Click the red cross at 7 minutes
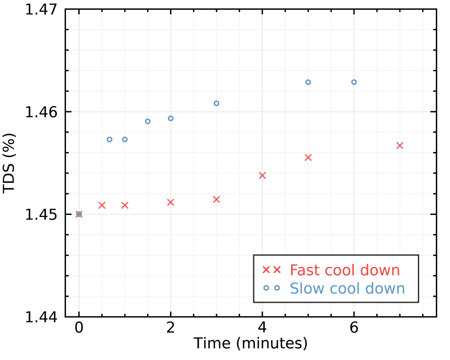coord(400,145)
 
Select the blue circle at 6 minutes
coord(354,82)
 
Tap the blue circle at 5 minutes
coord(308,82)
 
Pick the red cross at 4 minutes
coord(262,175)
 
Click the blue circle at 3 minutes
coord(216,103)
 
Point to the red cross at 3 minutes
coord(216,199)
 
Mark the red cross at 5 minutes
coord(308,157)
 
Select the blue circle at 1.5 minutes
coord(148,121)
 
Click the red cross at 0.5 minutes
coord(102,205)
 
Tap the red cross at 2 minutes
coord(171,202)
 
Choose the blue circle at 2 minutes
coord(171,118)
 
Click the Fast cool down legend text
coord(345,270)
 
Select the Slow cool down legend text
coord(347,288)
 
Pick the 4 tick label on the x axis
coord(262,328)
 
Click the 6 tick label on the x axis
coord(354,328)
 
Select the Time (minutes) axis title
coord(250,343)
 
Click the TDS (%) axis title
coord(10,163)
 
